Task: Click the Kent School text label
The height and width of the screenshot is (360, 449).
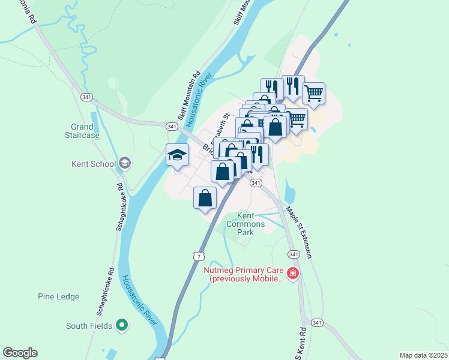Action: [92, 164]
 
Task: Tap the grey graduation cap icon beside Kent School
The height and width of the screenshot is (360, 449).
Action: [124, 163]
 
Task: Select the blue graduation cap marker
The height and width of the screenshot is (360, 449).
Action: [177, 155]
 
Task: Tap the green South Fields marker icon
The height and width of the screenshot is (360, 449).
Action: [122, 326]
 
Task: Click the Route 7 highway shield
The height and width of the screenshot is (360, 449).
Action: [198, 256]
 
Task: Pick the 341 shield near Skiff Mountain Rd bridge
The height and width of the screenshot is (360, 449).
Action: [172, 126]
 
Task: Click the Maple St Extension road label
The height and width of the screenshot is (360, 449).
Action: [299, 232]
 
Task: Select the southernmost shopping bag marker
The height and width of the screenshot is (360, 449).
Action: [205, 198]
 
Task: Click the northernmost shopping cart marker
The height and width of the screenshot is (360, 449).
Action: [313, 94]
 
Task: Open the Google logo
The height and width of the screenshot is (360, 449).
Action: [20, 353]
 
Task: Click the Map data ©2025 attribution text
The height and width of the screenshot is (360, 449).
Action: [423, 355]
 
